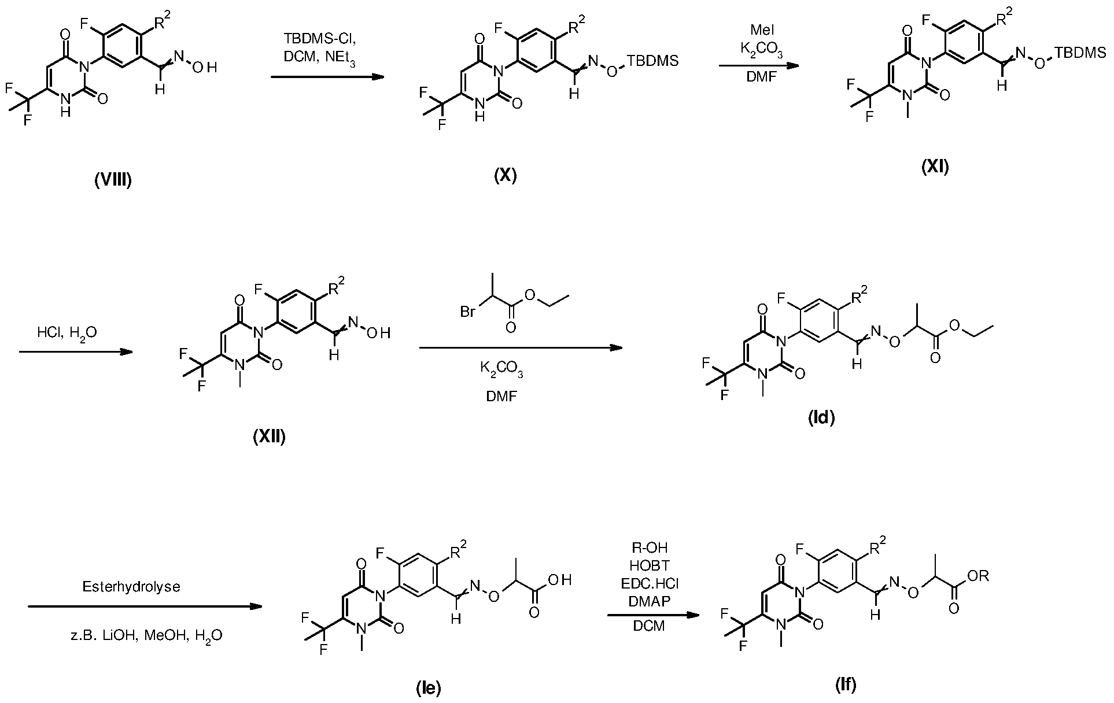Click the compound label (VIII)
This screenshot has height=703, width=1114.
coord(113,181)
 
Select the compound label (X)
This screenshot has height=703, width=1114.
coord(505,175)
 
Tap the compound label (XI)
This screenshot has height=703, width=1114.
coord(935,167)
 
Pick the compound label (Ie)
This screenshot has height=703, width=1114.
coord(429,687)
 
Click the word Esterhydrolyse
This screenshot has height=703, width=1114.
coord(131,587)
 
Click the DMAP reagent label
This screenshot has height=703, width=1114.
coord(650,602)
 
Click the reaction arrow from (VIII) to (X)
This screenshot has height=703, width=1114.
coord(327,76)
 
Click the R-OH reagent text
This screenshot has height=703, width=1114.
coord(651,546)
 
